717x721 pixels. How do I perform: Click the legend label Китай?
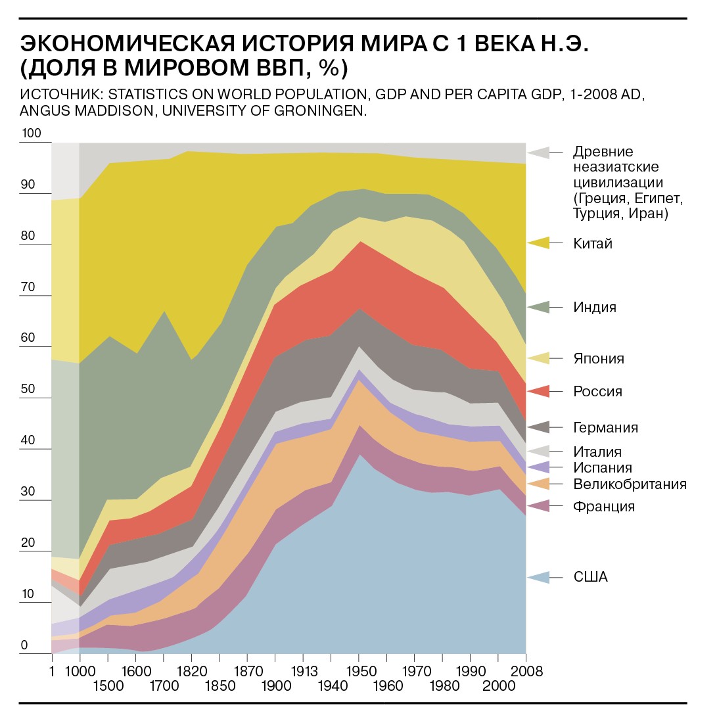[x=593, y=244]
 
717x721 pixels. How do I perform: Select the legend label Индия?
[x=595, y=307]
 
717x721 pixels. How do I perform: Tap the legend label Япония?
[x=599, y=358]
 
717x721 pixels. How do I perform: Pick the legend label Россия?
[x=597, y=392]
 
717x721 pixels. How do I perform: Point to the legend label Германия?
[x=605, y=428]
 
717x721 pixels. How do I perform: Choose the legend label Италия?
[x=597, y=452]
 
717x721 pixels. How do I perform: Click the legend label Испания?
[x=602, y=468]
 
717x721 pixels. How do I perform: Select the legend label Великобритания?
[x=630, y=484]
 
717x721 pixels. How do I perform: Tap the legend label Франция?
[x=604, y=507]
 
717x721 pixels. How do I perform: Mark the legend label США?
[x=591, y=578]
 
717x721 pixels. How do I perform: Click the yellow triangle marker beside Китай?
[x=538, y=243]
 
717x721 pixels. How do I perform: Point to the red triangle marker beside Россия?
[x=538, y=391]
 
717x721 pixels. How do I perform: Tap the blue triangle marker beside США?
[x=538, y=577]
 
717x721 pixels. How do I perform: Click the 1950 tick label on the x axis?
[x=359, y=672]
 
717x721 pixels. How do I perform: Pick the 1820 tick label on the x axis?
[x=191, y=672]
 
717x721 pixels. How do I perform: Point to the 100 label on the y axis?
[x=32, y=134]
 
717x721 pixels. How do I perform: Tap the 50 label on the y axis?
[x=28, y=390]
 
